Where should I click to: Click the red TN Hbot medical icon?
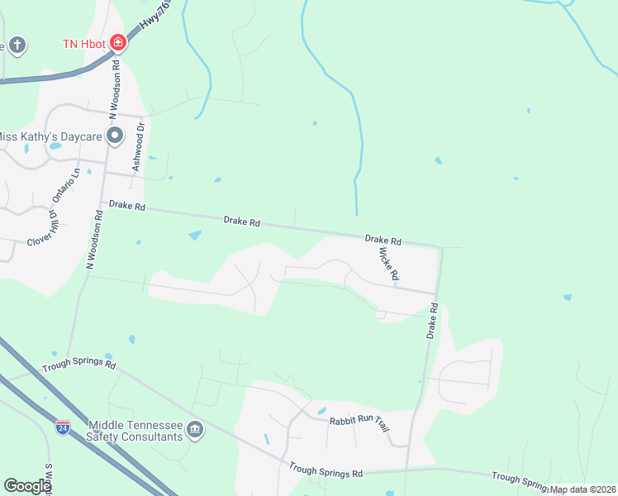click(118, 42)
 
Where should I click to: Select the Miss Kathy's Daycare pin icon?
click(115, 134)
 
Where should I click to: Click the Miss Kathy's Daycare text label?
click(51, 135)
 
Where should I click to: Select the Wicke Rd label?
click(389, 262)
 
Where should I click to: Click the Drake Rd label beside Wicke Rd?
click(383, 241)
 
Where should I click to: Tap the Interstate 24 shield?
click(63, 427)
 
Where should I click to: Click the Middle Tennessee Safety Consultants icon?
click(196, 428)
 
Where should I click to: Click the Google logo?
click(27, 486)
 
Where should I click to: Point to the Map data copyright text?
click(582, 489)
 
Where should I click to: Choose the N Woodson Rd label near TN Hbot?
click(117, 85)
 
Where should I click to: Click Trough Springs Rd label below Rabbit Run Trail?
click(326, 470)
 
